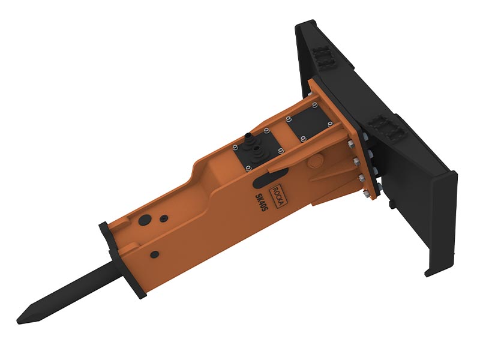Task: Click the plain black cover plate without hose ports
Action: click(308, 124)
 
